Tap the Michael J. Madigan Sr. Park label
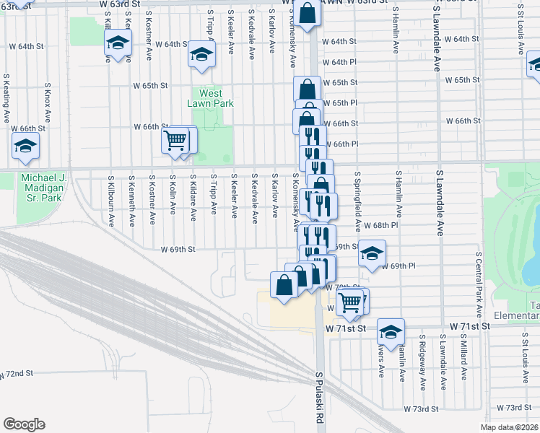(43, 187)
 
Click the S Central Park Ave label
(479, 277)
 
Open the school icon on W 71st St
(390, 331)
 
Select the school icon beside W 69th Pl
(372, 253)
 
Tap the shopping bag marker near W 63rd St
(307, 13)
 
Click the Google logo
(24, 424)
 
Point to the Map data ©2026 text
(509, 427)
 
